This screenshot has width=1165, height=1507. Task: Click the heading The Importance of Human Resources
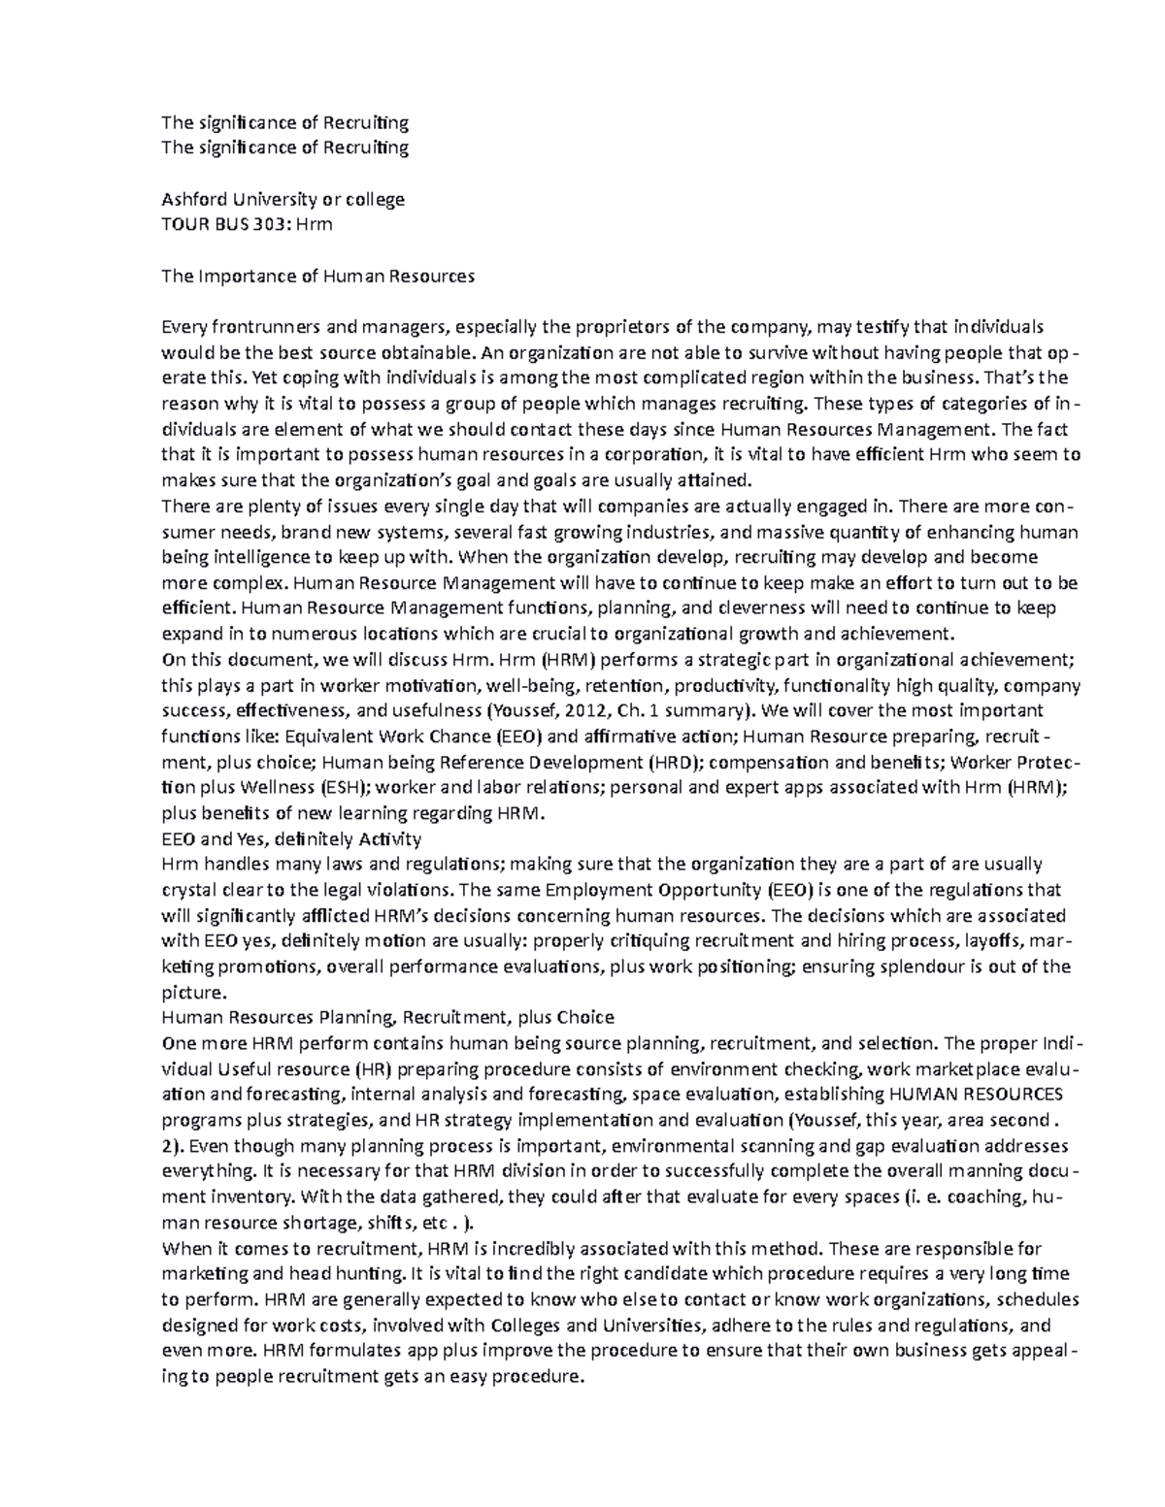point(317,276)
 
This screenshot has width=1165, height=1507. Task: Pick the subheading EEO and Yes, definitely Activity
point(291,838)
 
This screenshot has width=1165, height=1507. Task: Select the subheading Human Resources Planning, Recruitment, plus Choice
point(387,1017)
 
